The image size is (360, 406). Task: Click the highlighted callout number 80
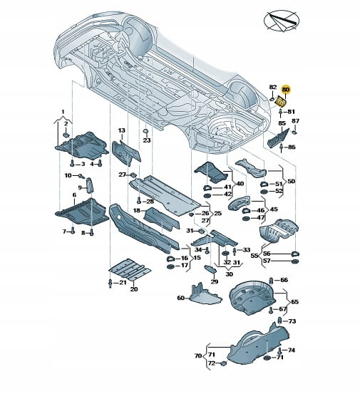(x=286, y=90)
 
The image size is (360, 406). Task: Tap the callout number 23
(x=147, y=140)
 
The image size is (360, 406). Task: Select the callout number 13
(x=122, y=130)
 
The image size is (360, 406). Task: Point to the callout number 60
(x=180, y=298)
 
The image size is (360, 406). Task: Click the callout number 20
(x=134, y=289)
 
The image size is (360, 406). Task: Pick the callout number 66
(x=284, y=280)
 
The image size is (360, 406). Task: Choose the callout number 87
(x=295, y=121)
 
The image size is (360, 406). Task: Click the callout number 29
(x=215, y=282)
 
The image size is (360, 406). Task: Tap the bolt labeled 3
(x=72, y=163)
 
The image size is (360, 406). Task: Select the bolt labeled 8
(x=91, y=232)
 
